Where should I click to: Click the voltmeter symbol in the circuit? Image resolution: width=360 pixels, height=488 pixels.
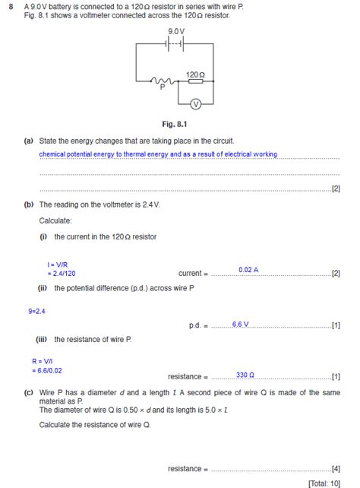point(195,103)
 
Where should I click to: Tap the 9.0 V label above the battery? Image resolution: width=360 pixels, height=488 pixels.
point(175,31)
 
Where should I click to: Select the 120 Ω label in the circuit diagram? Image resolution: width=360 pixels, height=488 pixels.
point(195,74)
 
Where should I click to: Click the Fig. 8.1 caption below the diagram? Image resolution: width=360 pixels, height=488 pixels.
point(175,123)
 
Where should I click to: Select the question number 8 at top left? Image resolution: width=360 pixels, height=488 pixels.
point(10,5)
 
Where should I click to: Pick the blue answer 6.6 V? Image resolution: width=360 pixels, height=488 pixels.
point(241,324)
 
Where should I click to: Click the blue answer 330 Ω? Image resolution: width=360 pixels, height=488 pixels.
point(245,376)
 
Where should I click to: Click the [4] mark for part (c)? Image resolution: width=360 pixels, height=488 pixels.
point(336,468)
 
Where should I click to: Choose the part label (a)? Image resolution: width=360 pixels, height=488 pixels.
point(28,141)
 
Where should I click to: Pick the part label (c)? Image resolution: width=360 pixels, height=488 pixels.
point(28,392)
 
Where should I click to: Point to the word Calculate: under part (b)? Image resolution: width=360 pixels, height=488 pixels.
point(55,220)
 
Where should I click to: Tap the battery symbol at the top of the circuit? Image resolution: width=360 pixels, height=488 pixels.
point(175,44)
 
